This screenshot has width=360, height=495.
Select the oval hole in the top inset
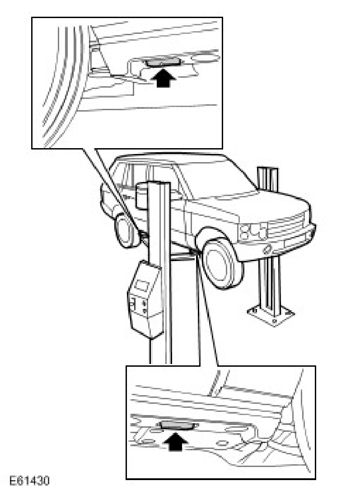tap(206, 58)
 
